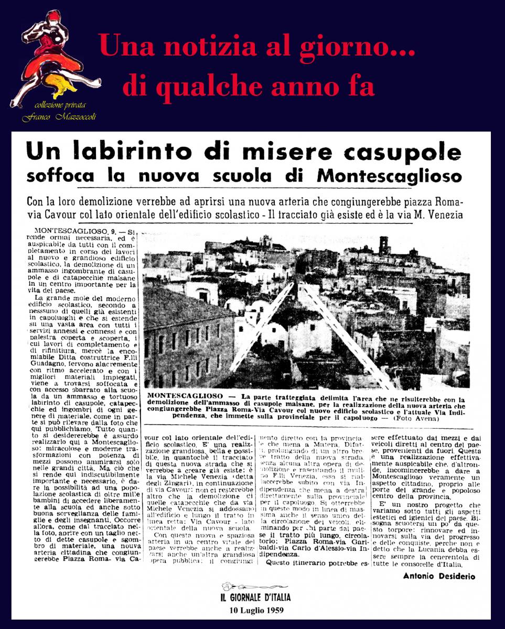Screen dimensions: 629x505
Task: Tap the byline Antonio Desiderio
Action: [x=439, y=577]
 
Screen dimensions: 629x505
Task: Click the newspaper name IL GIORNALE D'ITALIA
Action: [x=255, y=597]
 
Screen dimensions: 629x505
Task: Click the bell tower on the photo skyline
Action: [x=384, y=246]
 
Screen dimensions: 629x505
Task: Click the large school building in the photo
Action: [x=186, y=335]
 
